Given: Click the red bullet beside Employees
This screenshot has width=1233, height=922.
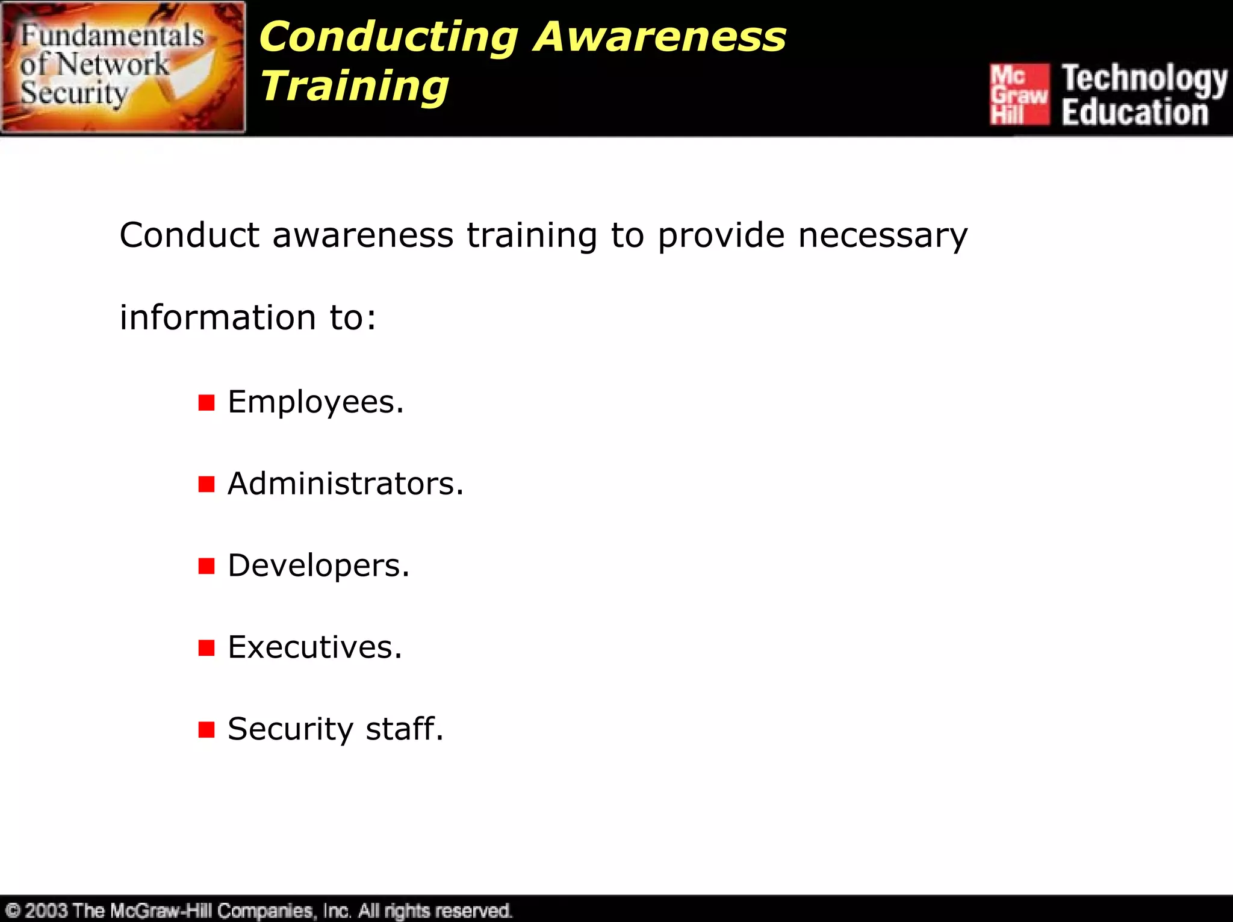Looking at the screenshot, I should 207,403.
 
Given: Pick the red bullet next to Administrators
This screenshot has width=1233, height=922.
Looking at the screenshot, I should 207,484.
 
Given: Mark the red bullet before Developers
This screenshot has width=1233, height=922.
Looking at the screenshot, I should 207,566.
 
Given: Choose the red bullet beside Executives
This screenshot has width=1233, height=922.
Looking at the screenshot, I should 207,648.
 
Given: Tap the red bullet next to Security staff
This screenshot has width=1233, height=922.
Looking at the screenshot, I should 207,730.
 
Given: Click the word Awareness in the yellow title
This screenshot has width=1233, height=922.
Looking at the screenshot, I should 660,37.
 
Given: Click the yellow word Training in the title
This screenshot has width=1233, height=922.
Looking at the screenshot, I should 355,87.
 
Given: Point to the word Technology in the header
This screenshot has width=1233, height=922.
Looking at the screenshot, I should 1144,79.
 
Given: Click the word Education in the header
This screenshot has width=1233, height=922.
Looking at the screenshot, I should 1135,113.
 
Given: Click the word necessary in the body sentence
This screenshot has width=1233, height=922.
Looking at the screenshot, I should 883,235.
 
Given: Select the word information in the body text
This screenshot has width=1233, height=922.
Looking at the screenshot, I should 217,317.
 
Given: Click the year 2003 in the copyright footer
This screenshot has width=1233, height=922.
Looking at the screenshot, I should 46,910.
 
